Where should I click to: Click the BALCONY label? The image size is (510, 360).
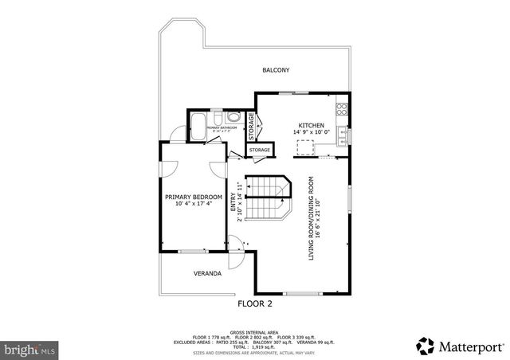276,70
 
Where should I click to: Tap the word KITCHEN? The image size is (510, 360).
310,126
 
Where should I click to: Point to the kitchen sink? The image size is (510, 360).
342,135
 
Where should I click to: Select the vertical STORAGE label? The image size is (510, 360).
250,125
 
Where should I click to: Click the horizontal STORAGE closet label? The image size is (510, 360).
260,150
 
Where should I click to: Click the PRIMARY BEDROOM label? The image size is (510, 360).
194,197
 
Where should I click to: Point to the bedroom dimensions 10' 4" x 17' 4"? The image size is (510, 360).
194,205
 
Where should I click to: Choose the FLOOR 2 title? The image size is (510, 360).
255,303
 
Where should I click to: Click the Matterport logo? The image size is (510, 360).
460,346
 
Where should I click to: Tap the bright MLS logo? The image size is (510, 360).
29,349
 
